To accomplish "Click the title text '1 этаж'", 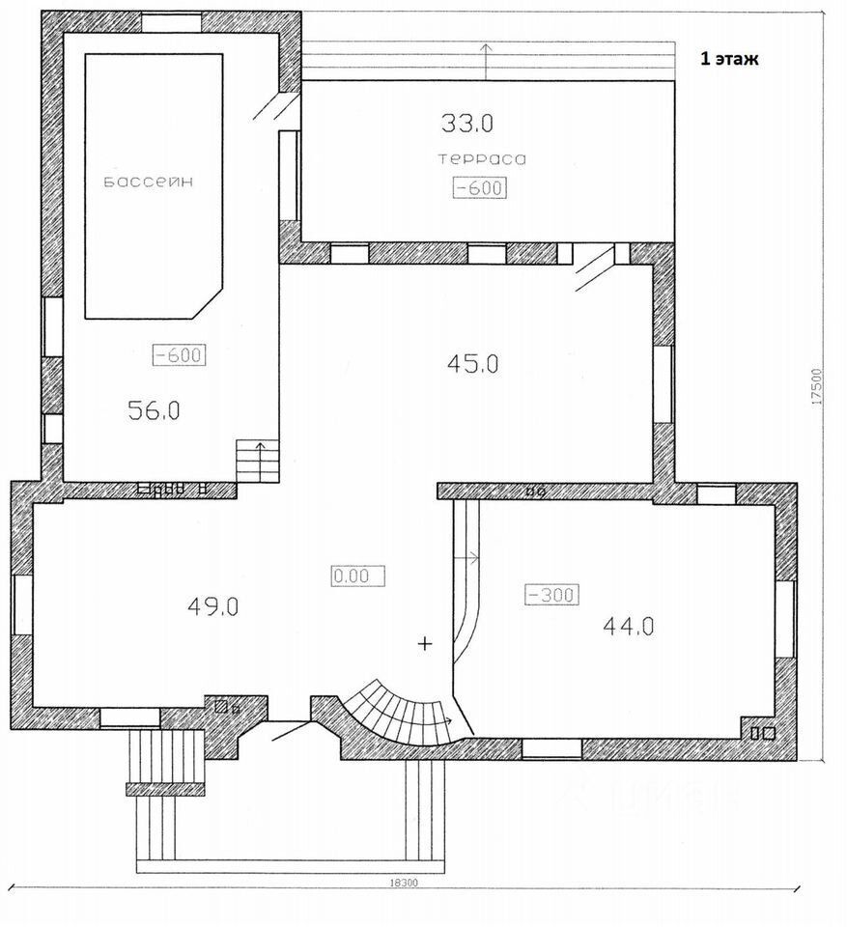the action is click(729, 59).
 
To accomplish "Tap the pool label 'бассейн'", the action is click(149, 183).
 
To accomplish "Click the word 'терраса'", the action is click(482, 159).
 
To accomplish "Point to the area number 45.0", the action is click(472, 364).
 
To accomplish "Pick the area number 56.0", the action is click(154, 410).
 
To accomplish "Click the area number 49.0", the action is click(212, 606).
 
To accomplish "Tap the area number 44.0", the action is click(629, 626).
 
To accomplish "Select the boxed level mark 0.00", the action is click(358, 576).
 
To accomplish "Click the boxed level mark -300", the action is click(551, 595).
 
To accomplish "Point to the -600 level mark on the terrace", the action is click(480, 188).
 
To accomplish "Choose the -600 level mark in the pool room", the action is click(180, 354).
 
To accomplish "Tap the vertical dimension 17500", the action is click(817, 386).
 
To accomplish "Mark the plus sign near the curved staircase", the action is click(425, 643).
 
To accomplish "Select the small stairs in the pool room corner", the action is click(258, 461).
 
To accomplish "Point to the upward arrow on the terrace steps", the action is click(486, 61).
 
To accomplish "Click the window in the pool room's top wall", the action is click(172, 23).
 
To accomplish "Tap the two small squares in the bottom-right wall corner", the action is click(763, 733).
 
